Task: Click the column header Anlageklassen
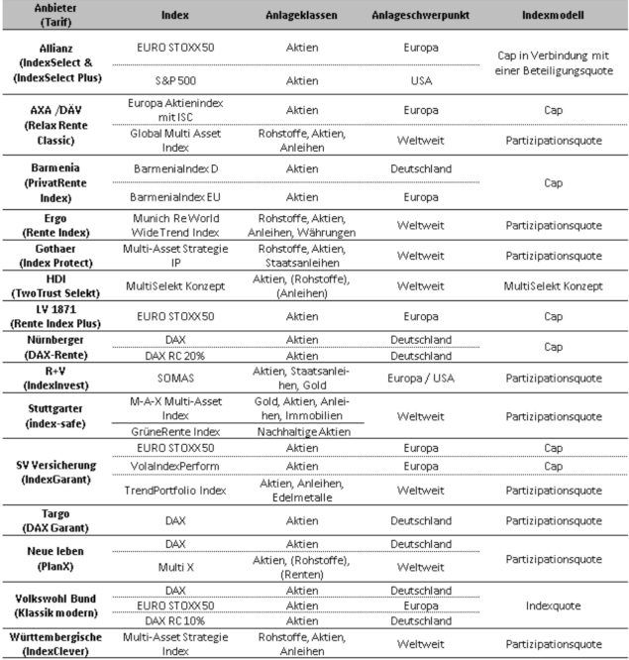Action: pos(295,16)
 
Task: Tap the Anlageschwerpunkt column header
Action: pos(429,16)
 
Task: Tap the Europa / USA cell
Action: pos(427,378)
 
